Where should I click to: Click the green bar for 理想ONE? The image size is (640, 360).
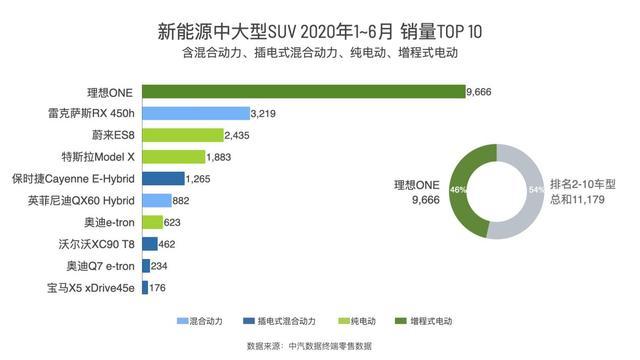[303, 91]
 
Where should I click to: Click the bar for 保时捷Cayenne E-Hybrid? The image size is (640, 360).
[163, 178]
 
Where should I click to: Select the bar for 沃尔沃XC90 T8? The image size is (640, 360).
[149, 243]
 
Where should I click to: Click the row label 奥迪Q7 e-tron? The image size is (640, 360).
[103, 265]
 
